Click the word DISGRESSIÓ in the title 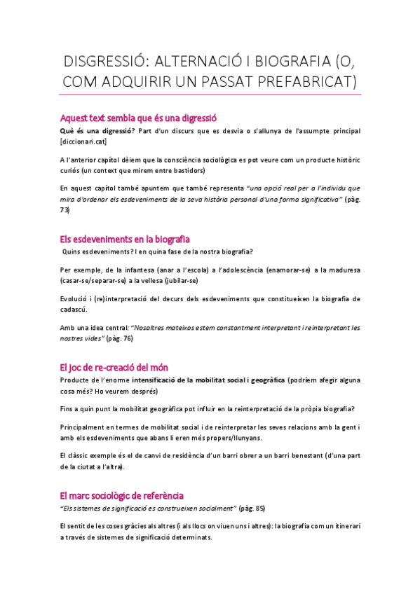click(x=104, y=60)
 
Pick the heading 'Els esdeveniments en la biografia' click(x=126, y=240)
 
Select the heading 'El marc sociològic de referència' click(x=123, y=495)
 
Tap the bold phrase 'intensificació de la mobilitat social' click(x=192, y=380)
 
